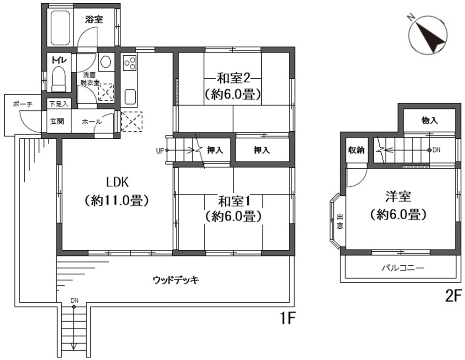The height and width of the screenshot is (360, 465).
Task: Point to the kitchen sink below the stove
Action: [130, 97]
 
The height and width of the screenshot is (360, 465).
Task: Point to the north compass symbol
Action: [428, 35]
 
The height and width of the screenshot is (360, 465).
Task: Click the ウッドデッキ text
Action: [176, 280]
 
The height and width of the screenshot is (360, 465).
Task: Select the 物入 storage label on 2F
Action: [429, 120]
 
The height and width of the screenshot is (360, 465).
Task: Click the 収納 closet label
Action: [356, 150]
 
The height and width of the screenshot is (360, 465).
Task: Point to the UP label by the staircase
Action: [160, 151]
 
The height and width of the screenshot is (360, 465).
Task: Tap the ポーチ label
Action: [22, 104]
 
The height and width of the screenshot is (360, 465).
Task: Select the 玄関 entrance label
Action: [57, 121]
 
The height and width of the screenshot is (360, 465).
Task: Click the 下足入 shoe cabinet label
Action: [59, 104]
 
